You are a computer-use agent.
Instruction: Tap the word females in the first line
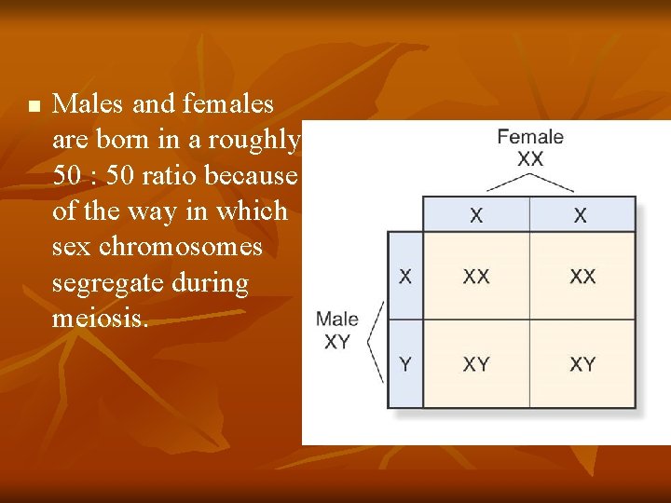click(228, 103)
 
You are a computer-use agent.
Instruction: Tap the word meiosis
click(100, 319)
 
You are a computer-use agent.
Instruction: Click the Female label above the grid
click(529, 137)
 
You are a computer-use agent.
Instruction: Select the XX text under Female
click(529, 158)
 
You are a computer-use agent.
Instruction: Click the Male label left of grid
click(336, 319)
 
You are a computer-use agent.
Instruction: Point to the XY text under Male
click(336, 342)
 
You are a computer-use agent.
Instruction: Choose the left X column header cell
click(476, 215)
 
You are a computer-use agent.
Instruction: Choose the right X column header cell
click(582, 215)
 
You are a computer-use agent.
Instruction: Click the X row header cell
click(405, 276)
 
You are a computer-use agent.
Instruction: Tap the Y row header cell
click(405, 364)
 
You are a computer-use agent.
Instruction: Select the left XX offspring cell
click(476, 276)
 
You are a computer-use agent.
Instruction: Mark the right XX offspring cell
click(582, 276)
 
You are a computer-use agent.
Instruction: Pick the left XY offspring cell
click(476, 364)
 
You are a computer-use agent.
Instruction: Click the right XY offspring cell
click(582, 364)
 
